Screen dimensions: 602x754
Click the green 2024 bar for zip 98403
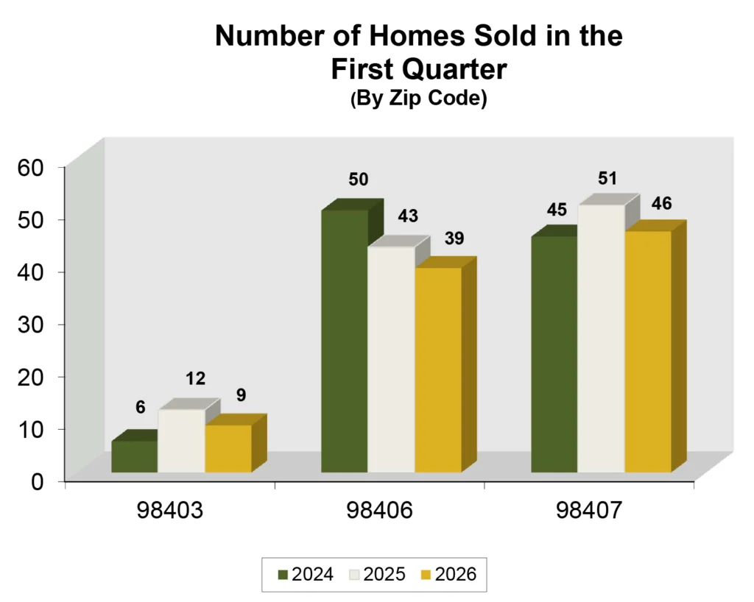pos(134,456)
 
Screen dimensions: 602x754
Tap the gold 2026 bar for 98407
pos(647,351)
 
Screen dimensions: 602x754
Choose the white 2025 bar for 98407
pos(601,338)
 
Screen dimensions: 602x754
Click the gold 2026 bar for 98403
pos(228,449)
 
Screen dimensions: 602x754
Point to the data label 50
pos(358,180)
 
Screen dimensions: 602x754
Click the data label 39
pos(454,238)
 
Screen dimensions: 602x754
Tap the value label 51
pos(607,178)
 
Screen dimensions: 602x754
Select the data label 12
pos(195,379)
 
